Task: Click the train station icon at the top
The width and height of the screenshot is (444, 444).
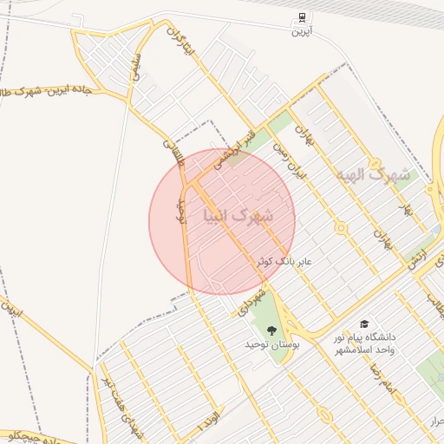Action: coord(301,16)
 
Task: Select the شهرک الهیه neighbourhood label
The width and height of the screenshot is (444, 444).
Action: coord(375,173)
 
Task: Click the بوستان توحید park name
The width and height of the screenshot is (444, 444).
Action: coord(272,345)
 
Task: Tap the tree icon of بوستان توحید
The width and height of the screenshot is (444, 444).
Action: coord(272,330)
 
